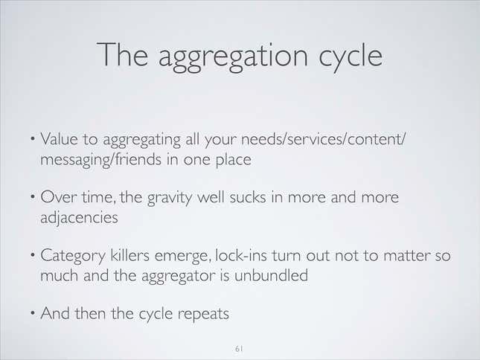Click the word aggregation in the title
233,57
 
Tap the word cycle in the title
351,57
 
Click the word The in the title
123,54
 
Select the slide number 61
239,349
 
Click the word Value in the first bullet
59,139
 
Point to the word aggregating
141,141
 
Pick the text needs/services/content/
324,140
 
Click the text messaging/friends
101,160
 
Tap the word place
234,160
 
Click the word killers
129,255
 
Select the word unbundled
271,275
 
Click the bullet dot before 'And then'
33,313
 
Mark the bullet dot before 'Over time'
33,197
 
